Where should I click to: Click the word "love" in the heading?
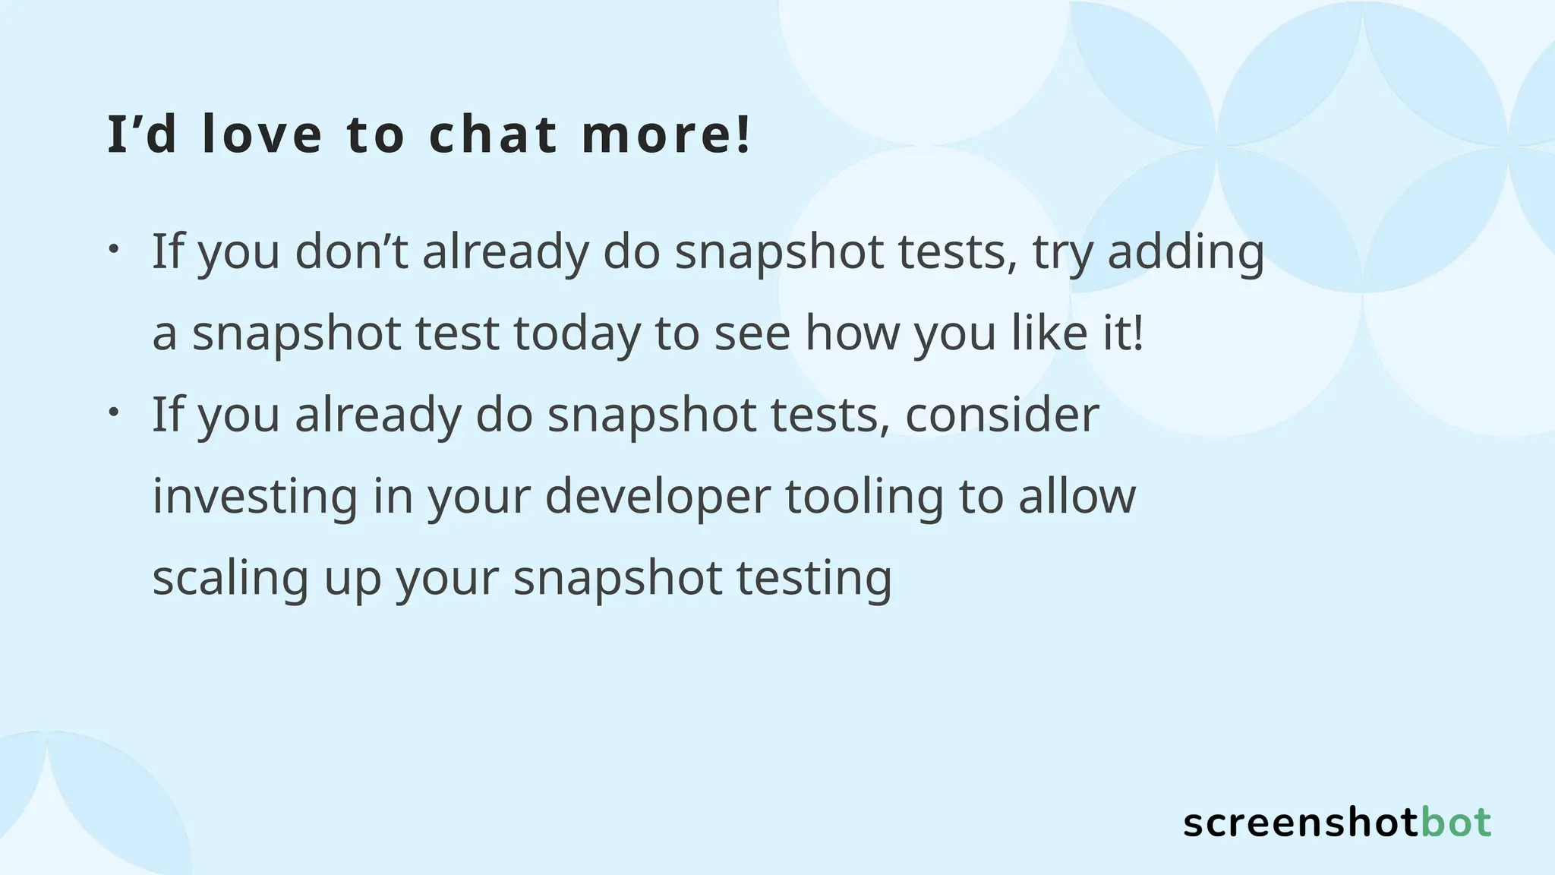(x=263, y=134)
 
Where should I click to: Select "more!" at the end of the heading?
(x=667, y=134)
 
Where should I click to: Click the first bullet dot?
(x=112, y=249)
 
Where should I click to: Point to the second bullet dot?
(x=112, y=412)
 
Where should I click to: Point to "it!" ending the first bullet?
(x=1122, y=333)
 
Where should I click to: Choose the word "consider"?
(x=1002, y=415)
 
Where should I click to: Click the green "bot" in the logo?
(x=1456, y=823)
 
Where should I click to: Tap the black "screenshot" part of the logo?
(x=1301, y=823)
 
